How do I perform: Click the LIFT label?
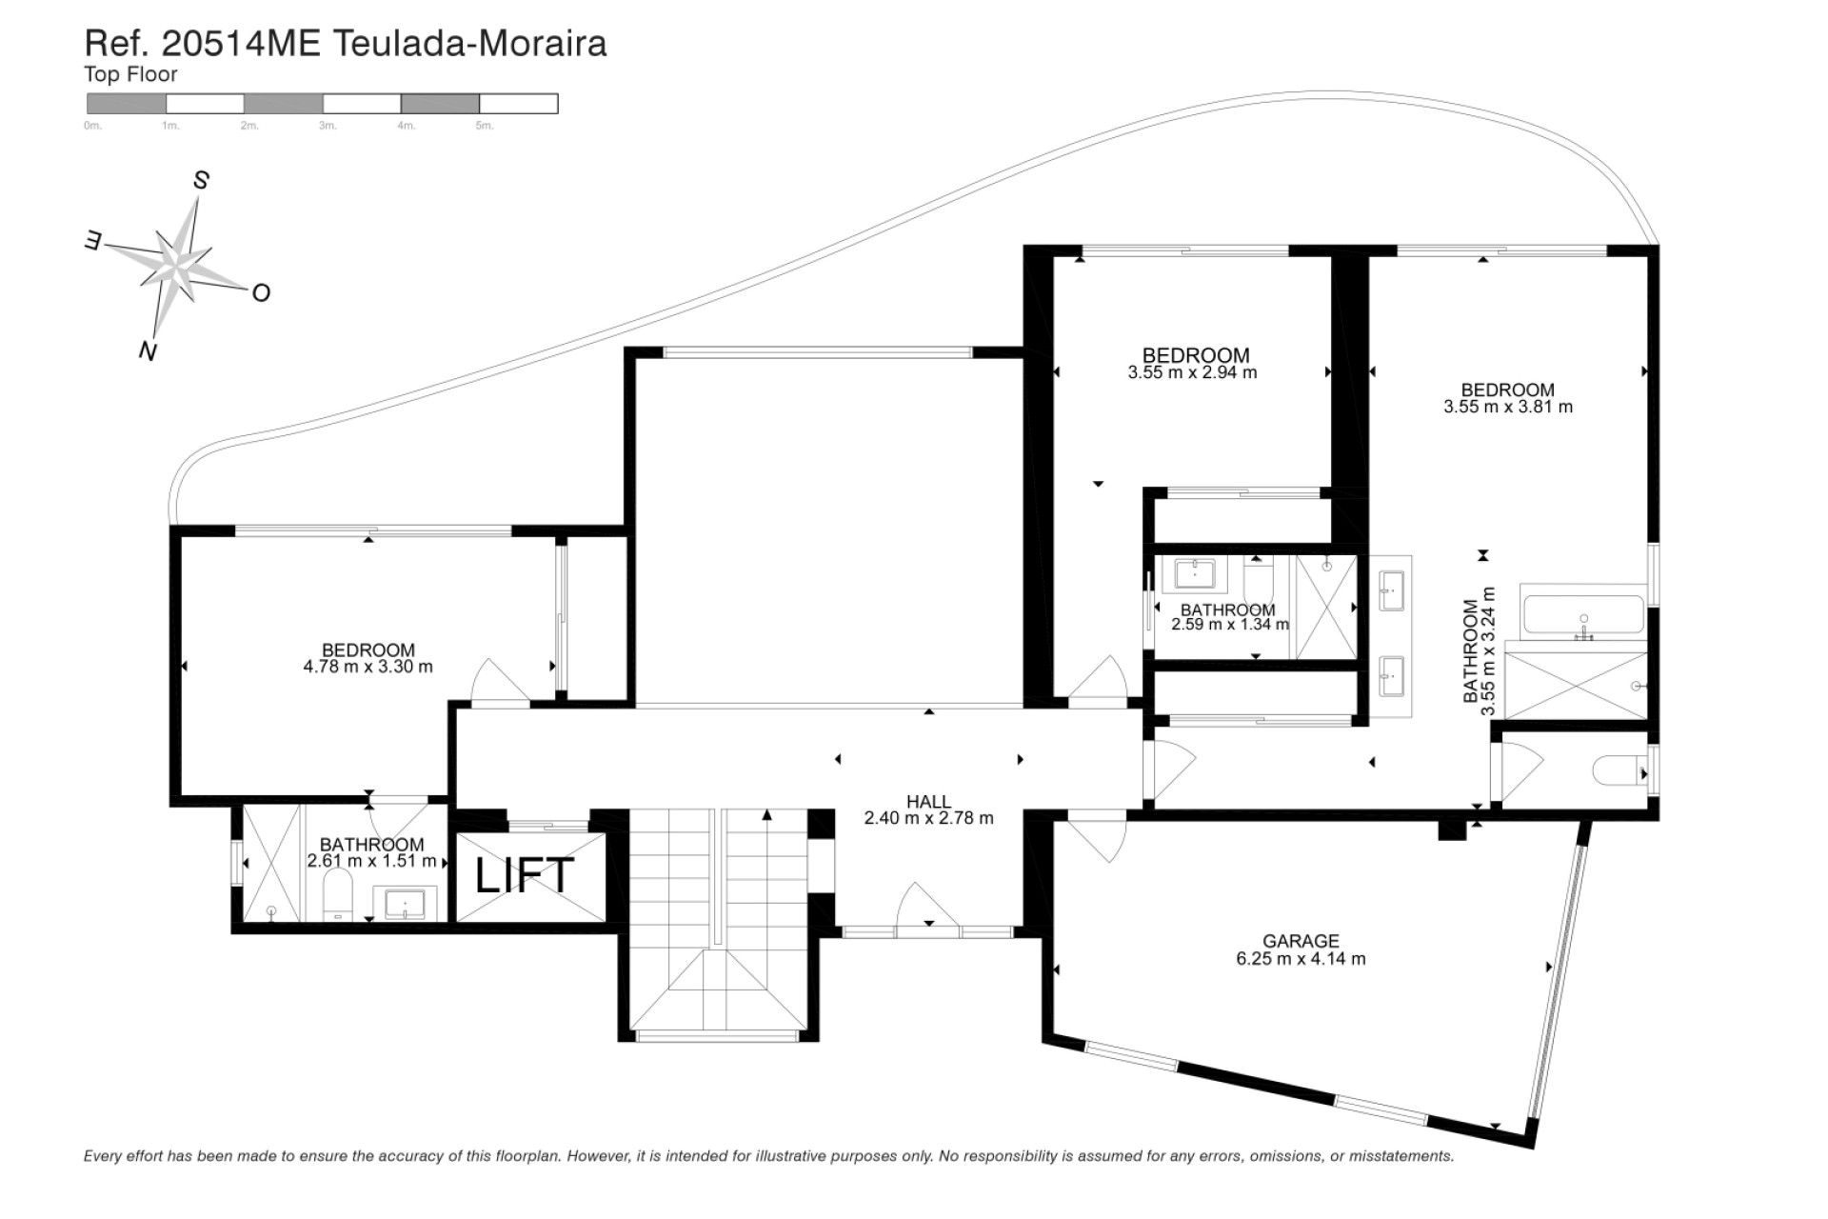[x=525, y=875]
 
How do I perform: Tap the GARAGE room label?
[x=1301, y=941]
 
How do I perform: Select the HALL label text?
[x=928, y=802]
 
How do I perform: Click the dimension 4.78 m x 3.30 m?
[x=368, y=668]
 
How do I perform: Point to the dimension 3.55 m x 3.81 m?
[x=1507, y=408]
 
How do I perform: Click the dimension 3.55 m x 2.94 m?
[x=1192, y=373]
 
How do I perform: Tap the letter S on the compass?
[x=201, y=180]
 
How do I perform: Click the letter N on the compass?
[x=148, y=351]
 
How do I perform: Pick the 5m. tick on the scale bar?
[x=484, y=126]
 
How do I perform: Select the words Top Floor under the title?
[x=130, y=74]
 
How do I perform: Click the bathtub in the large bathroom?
[x=1582, y=614]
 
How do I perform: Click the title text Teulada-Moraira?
[x=468, y=44]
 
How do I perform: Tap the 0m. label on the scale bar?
[x=92, y=126]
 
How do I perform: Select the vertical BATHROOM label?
[x=1471, y=651]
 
